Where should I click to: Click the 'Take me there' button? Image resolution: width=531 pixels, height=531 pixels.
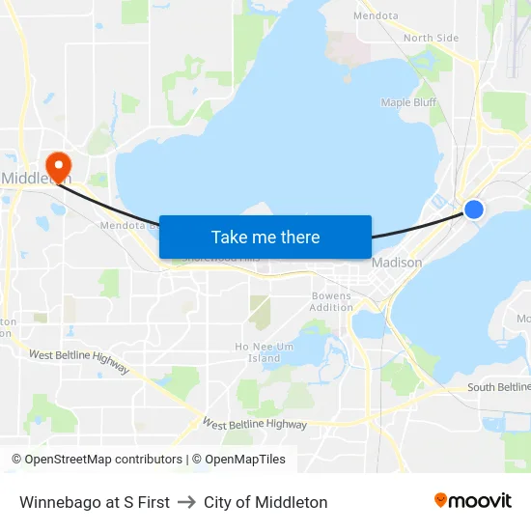(265, 237)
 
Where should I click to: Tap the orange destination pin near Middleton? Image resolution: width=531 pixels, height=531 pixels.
(58, 166)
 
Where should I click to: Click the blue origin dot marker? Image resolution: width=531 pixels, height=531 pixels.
(474, 209)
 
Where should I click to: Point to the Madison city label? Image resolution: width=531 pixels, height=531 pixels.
(397, 263)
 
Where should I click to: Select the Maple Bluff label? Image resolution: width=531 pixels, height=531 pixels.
(408, 102)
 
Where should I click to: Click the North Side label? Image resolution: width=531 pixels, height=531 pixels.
(431, 38)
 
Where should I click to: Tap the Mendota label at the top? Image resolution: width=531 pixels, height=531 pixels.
(376, 15)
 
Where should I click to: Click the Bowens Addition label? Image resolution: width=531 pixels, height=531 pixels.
(332, 301)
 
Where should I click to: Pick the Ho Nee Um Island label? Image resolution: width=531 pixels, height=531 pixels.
(257, 352)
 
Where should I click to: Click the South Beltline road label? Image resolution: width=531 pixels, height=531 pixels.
(498, 387)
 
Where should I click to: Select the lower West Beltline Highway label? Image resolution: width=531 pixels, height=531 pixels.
(255, 424)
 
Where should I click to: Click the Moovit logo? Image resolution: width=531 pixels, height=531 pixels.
(472, 500)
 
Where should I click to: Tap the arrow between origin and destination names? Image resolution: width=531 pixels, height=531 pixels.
(186, 502)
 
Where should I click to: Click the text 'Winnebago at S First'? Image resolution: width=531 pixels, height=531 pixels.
(95, 502)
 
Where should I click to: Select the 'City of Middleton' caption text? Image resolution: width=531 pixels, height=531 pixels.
(265, 502)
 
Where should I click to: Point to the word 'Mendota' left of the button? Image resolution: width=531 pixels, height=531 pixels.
(123, 226)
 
